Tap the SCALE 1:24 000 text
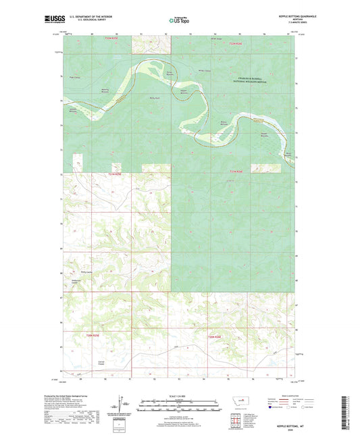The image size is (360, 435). point(180,395)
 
